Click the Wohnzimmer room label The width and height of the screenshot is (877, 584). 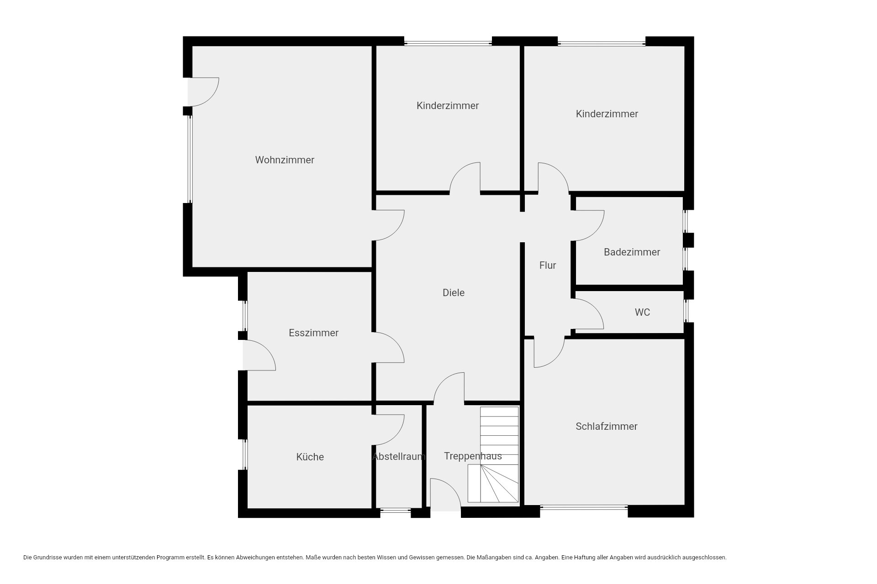(x=285, y=160)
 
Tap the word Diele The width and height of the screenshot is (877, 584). (x=454, y=293)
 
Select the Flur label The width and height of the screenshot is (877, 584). (x=548, y=266)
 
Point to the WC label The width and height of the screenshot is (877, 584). (x=642, y=313)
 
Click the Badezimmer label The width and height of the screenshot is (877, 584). (x=632, y=252)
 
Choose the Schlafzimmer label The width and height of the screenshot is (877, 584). (x=606, y=427)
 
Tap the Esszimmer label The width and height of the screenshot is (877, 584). (x=313, y=333)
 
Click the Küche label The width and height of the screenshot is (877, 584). (x=310, y=457)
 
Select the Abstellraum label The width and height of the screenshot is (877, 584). (x=399, y=457)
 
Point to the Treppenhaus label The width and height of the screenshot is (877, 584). (x=473, y=456)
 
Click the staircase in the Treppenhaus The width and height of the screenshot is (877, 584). (x=493, y=455)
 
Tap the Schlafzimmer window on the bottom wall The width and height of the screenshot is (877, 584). (x=584, y=507)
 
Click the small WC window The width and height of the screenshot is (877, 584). (x=686, y=311)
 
